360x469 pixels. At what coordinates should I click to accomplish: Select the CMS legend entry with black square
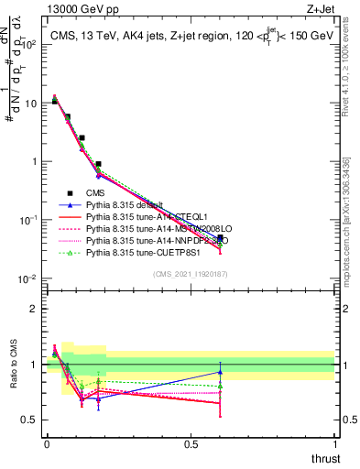93,192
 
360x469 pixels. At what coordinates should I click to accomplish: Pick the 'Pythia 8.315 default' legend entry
122,204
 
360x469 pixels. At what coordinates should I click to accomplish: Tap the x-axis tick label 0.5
191,444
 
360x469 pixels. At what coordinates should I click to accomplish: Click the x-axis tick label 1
335,444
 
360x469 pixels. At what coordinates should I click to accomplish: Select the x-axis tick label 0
47,444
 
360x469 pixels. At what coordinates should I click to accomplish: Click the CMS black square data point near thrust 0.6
220,238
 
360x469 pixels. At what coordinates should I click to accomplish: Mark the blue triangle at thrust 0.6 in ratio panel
220,372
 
